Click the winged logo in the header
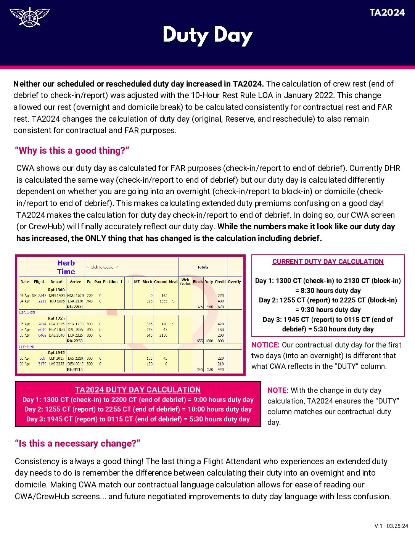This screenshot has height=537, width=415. click(x=29, y=17)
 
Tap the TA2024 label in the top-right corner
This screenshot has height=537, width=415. click(x=387, y=13)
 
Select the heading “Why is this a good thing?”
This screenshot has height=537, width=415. click(x=72, y=151)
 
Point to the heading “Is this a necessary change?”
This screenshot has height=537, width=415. click(x=77, y=444)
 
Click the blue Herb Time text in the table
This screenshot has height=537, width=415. click(x=66, y=267)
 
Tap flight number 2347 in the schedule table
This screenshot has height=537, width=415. click(x=42, y=296)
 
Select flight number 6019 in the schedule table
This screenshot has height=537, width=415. click(x=42, y=330)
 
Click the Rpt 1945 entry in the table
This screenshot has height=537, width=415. click(x=56, y=353)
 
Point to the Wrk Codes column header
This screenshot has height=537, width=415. click(x=185, y=282)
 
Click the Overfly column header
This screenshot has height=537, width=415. click(x=234, y=282)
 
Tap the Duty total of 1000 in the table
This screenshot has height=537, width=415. click(x=209, y=341)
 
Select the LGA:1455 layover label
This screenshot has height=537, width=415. click(x=27, y=312)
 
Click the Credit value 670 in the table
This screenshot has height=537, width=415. click(x=220, y=307)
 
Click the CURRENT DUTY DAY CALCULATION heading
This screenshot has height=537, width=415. click(x=328, y=262)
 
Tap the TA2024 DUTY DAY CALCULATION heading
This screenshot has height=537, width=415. click(x=138, y=390)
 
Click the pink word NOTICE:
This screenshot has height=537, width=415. click(x=265, y=345)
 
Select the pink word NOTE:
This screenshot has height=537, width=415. click(x=278, y=391)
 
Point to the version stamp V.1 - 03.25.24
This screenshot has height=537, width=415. click(x=391, y=526)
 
